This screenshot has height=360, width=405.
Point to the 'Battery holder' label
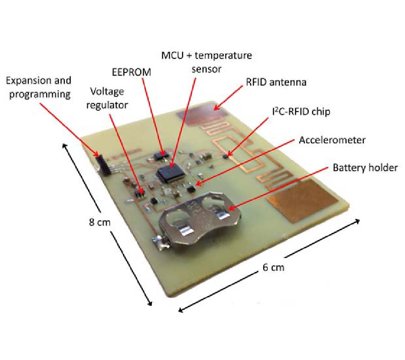point(365,167)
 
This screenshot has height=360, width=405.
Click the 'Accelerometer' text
point(332,139)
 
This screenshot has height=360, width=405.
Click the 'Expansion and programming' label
point(38,87)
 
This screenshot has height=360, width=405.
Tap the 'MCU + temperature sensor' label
point(207,62)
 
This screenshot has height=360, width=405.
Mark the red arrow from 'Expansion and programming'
point(68,128)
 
